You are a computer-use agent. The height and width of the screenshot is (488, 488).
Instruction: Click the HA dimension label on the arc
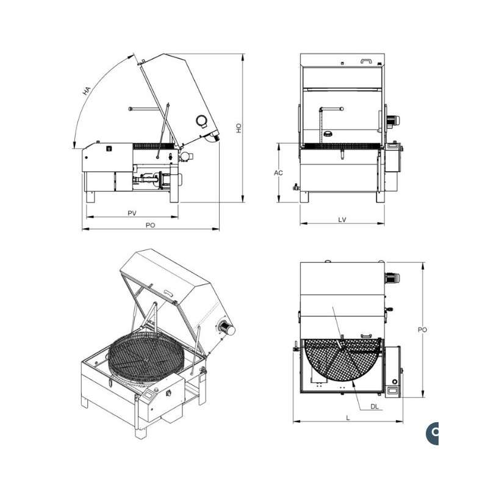[x=87, y=91]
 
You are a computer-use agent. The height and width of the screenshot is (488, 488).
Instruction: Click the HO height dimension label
[x=239, y=128]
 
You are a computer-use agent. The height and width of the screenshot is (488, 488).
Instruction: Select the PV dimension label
[x=132, y=213]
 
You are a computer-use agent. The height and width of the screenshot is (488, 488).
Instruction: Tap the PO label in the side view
[x=150, y=225]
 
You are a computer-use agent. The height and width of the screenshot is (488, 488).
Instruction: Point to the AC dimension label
[x=278, y=173]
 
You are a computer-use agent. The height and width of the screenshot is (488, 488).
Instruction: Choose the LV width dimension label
[x=342, y=220]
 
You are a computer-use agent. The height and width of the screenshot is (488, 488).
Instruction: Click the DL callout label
[x=375, y=406]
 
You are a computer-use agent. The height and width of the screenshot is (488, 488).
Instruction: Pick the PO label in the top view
[x=422, y=329]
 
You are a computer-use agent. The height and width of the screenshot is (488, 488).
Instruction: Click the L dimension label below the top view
[x=348, y=418]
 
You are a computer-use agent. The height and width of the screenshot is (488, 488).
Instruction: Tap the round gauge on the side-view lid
[x=201, y=121]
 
